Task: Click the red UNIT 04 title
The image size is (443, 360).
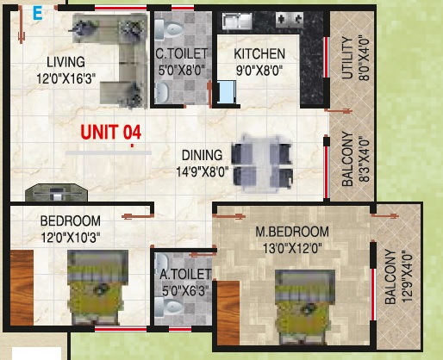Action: (x=111, y=132)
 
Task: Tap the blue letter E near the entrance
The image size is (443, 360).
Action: (x=38, y=14)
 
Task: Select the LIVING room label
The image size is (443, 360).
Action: (x=66, y=62)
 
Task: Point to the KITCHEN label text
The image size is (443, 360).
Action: (x=259, y=54)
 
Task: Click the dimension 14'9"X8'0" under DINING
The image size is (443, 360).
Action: (x=203, y=172)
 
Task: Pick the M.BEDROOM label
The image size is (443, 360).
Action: (x=292, y=232)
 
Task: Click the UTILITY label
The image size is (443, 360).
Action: (x=347, y=58)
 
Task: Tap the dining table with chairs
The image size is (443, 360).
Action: (x=262, y=163)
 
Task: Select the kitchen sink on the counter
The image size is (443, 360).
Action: (x=237, y=21)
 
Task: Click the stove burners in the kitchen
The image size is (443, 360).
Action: (x=290, y=20)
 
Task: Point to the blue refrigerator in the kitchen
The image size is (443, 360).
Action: (x=227, y=91)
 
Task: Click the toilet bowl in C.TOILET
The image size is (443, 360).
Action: (x=169, y=29)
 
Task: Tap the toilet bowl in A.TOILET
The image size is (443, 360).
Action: (x=169, y=307)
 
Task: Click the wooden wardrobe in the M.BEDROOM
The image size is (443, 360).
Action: (x=228, y=313)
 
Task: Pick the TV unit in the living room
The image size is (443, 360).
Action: (x=56, y=192)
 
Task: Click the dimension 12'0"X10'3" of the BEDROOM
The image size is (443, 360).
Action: (x=71, y=238)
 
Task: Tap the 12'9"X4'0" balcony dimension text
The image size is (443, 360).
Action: (x=408, y=276)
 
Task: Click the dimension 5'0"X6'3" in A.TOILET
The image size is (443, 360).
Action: (x=185, y=291)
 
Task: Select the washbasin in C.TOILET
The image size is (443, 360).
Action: (x=161, y=92)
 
